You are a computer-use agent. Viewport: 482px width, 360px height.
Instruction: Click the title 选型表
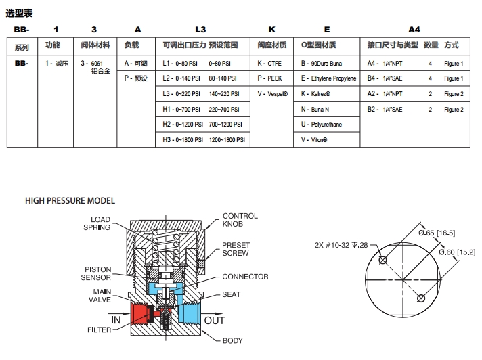pyautogui.click(x=20, y=13)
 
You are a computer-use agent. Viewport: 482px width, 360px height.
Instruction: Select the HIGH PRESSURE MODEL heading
pyautogui.click(x=70, y=201)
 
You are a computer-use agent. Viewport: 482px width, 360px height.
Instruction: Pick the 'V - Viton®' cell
pyautogui.click(x=315, y=140)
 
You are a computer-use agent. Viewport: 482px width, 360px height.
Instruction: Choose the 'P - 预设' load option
pyautogui.click(x=135, y=78)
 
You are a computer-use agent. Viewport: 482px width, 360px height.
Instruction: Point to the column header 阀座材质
pyautogui.click(x=272, y=45)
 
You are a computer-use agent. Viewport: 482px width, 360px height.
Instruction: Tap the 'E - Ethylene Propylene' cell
pyautogui.click(x=328, y=78)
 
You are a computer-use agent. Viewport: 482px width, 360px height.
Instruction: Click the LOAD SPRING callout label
pyautogui.click(x=97, y=223)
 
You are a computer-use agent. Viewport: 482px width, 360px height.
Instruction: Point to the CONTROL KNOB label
pyautogui.click(x=240, y=219)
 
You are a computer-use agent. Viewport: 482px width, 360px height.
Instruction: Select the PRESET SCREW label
pyautogui.click(x=236, y=249)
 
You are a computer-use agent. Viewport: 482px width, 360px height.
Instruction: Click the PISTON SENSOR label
pyautogui.click(x=96, y=273)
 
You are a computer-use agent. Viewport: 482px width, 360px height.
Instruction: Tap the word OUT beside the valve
pyautogui.click(x=215, y=320)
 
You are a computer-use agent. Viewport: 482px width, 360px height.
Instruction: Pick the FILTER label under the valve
pyautogui.click(x=99, y=330)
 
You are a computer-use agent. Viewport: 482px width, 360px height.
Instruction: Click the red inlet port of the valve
pyautogui.click(x=142, y=313)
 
